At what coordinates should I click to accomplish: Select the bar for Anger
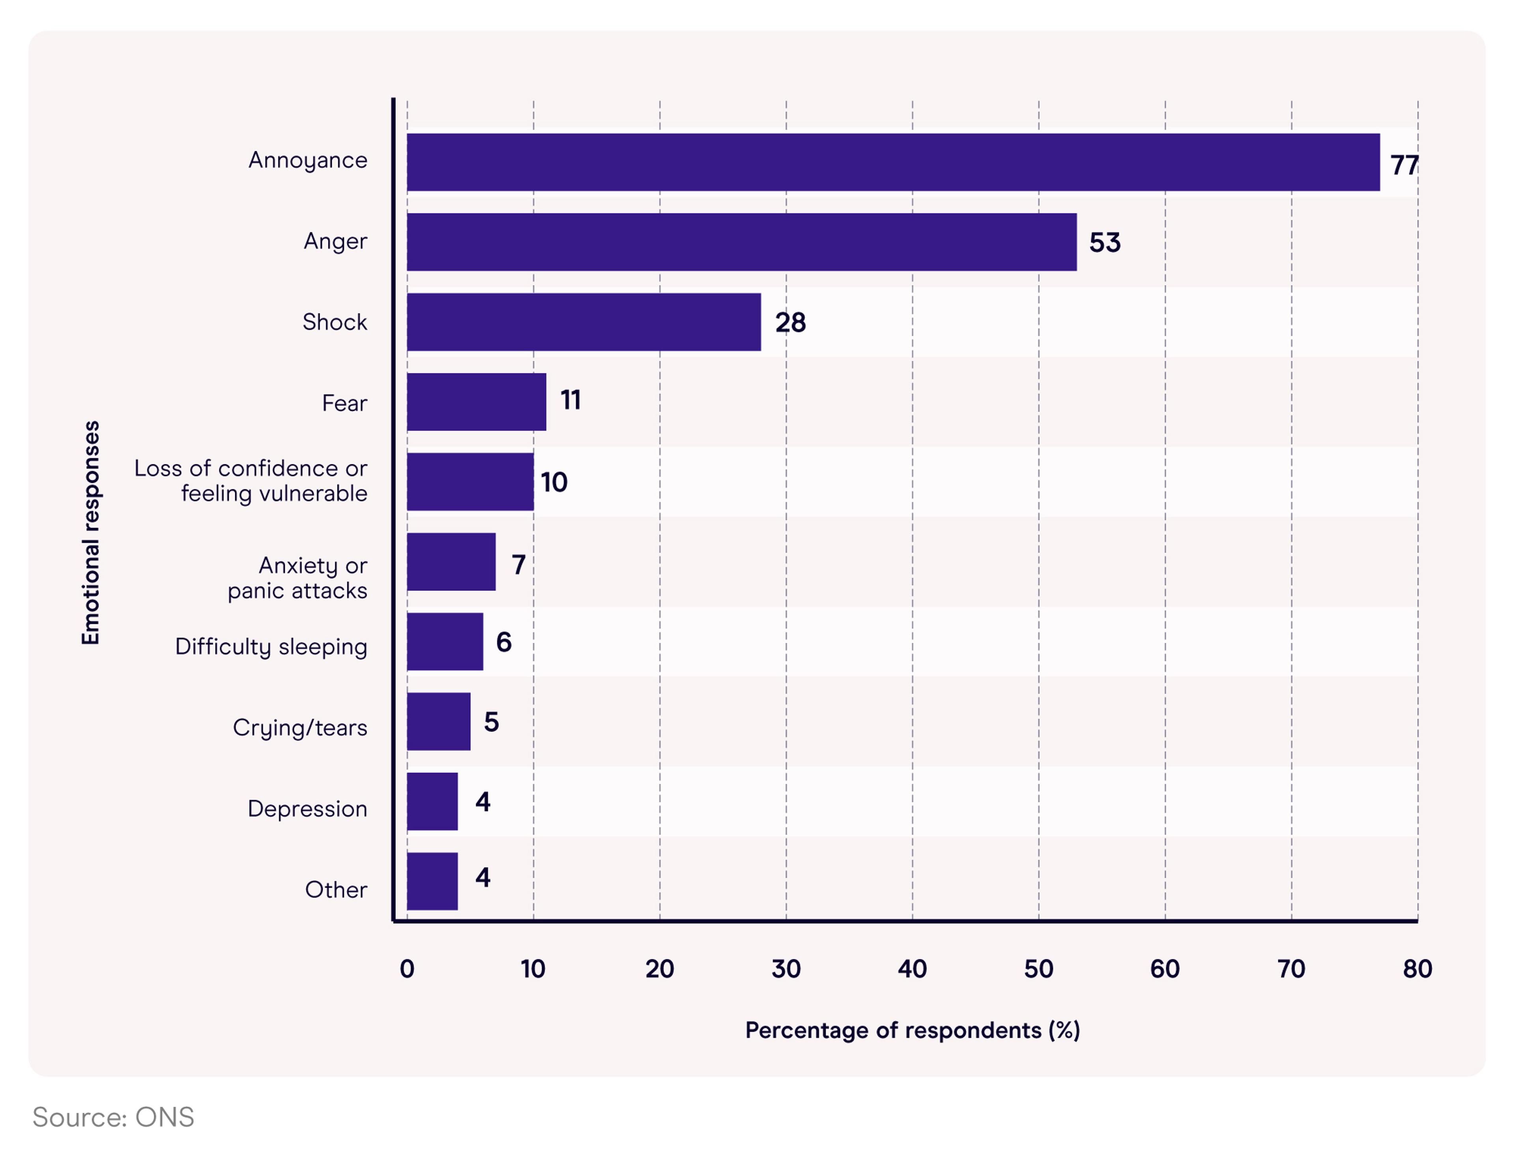tap(742, 242)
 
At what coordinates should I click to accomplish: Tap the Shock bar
tap(584, 322)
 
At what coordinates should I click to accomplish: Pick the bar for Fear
tap(477, 402)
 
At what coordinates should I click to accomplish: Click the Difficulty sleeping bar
tap(445, 642)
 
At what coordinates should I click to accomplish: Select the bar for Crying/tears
tap(438, 721)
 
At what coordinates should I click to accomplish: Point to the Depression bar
tap(432, 801)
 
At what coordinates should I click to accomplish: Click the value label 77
tap(1404, 165)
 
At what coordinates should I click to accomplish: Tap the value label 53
tap(1104, 242)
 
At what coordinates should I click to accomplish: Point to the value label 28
tap(790, 322)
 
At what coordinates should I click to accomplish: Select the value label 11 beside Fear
tap(570, 400)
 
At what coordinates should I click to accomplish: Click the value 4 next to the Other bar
tap(483, 877)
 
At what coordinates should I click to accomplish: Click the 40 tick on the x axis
tap(912, 969)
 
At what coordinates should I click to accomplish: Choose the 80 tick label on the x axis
tap(1417, 969)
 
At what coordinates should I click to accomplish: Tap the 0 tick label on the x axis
tap(407, 969)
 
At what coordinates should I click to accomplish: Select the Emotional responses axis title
tap(91, 533)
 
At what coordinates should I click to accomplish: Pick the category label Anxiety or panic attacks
tap(298, 578)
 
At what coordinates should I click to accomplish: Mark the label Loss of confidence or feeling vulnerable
tap(251, 480)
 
